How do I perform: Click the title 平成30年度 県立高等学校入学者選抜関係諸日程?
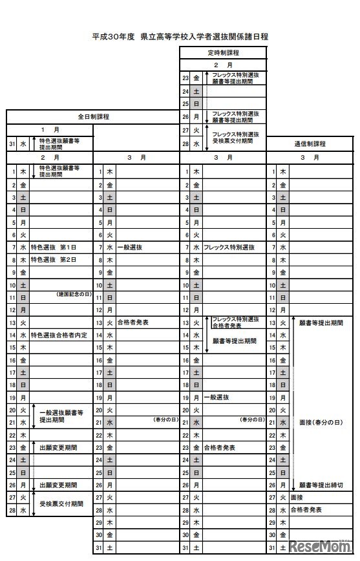(x=180, y=37)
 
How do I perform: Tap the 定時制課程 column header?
(x=223, y=52)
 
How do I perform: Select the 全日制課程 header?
(x=93, y=117)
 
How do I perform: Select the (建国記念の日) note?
(x=74, y=295)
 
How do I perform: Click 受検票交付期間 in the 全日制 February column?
(x=61, y=503)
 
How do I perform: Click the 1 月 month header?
(x=50, y=129)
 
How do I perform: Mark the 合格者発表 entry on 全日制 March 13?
(x=133, y=322)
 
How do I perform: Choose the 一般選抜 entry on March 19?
(x=216, y=397)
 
